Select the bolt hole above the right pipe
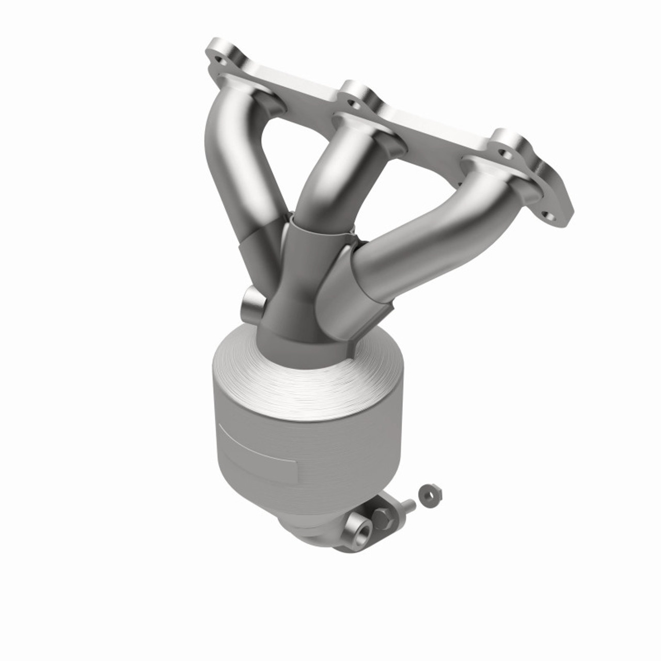pos(505,153)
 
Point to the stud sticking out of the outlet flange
pos(407,506)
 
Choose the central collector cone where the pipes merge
pos(294,284)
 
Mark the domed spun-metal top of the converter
pos(310,377)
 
